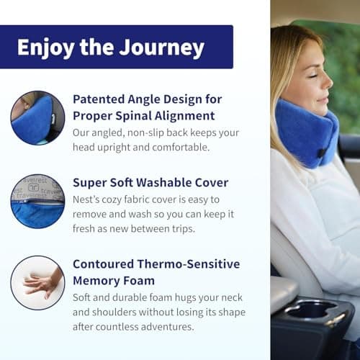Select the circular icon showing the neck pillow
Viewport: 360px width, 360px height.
38,118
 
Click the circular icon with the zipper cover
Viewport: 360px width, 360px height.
38,200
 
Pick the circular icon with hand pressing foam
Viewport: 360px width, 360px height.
38,283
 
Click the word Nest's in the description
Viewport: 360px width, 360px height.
89,199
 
